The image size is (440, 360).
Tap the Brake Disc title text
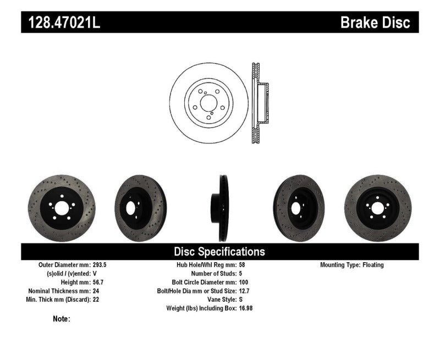pyautogui.click(x=376, y=23)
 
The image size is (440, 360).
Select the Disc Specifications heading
pyautogui.click(x=219, y=252)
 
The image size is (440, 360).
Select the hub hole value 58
pyautogui.click(x=243, y=264)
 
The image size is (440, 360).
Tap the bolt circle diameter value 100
pyautogui.click(x=244, y=282)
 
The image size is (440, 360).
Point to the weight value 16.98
pyautogui.click(x=246, y=308)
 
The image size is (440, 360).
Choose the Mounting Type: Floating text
pyautogui.click(x=352, y=264)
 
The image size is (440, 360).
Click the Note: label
pyautogui.click(x=62, y=319)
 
